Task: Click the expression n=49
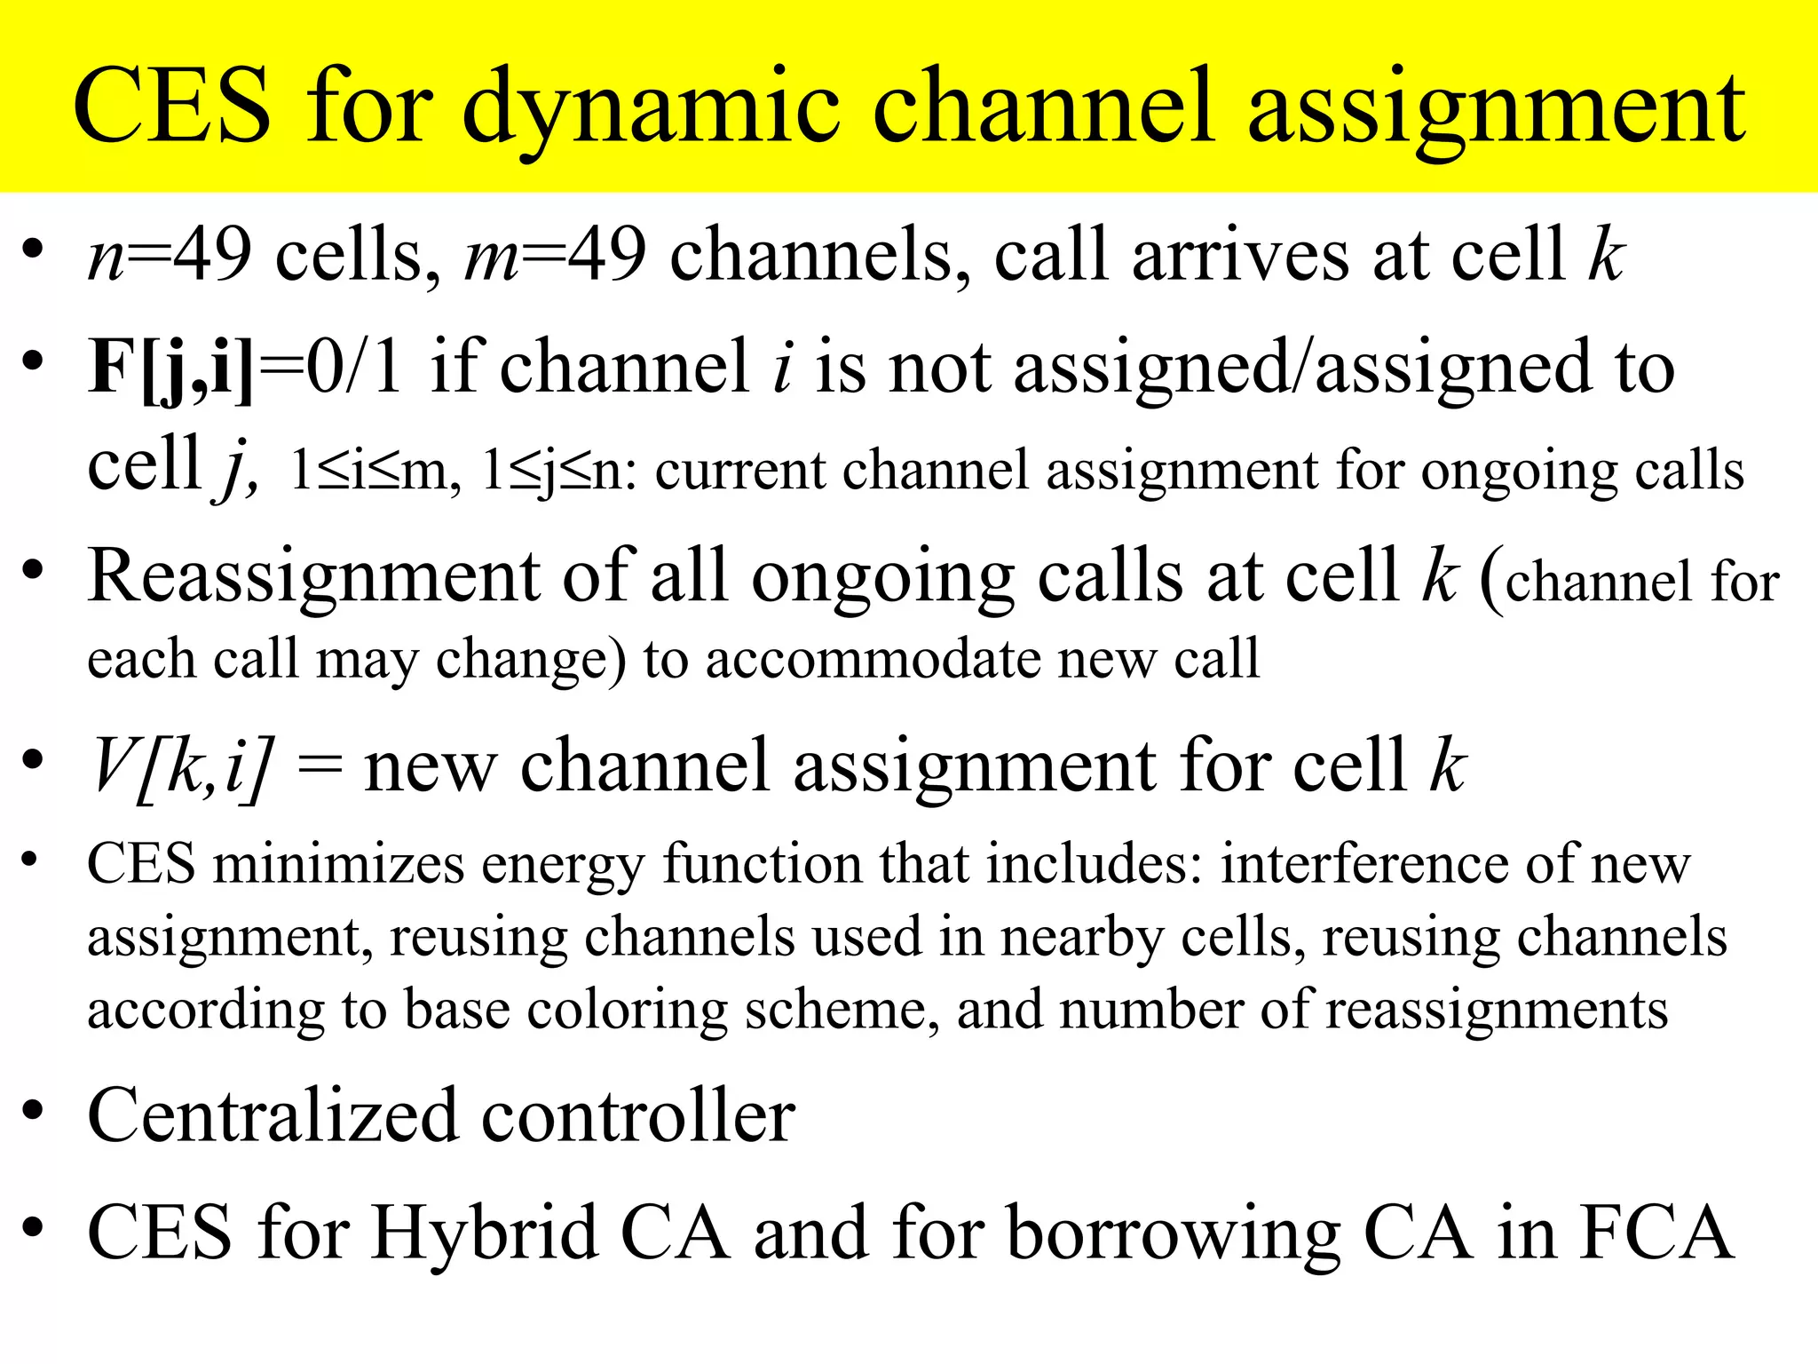[x=170, y=256]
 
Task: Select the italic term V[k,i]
[x=181, y=766]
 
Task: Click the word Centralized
[x=272, y=1115]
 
